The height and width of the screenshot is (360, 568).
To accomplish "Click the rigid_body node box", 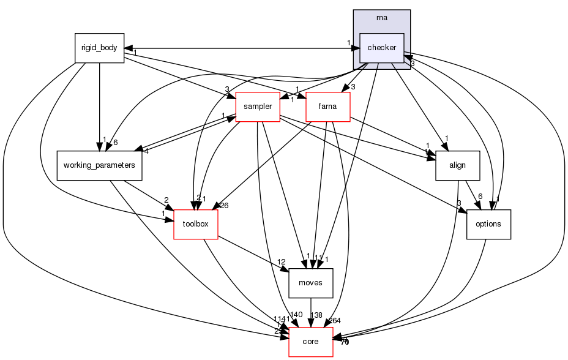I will pos(99,48).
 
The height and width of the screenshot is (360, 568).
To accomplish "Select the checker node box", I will pos(381,48).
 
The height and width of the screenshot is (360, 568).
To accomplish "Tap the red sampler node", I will pos(257,107).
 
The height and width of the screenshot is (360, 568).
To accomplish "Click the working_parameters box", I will pos(99,165).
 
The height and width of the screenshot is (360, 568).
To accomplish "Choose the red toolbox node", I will pos(196,224).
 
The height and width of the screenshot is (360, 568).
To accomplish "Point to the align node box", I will pos(457,165).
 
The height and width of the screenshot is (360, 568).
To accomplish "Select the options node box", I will pos(488,224).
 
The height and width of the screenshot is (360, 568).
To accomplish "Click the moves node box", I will pos(310,283).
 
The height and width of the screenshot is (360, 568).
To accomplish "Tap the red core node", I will pos(310,342).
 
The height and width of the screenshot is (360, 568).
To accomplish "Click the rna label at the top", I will pos(381,17).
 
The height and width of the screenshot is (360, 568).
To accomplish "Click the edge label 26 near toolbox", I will pos(223,205).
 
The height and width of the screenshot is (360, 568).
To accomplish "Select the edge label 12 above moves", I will pos(282,262).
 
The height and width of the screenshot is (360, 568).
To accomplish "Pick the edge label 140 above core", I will pos(296,315).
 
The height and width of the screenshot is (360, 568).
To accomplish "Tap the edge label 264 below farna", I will pos(334,321).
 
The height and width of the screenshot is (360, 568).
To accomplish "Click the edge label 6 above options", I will pos(481,197).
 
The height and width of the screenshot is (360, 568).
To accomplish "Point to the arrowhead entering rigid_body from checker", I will pos(128,48).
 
